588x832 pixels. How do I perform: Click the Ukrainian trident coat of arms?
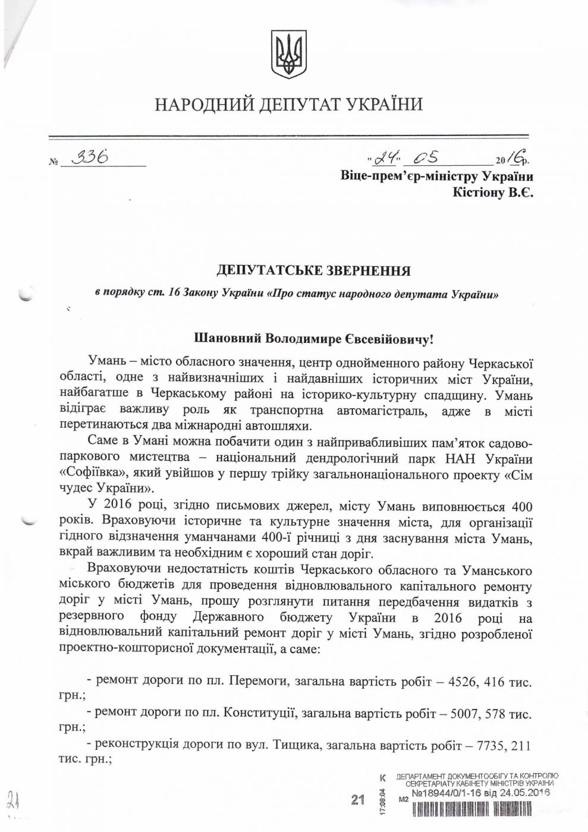point(289,55)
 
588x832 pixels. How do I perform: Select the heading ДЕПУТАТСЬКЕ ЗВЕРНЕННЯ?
point(313,272)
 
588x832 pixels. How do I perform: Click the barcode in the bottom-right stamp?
point(482,808)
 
